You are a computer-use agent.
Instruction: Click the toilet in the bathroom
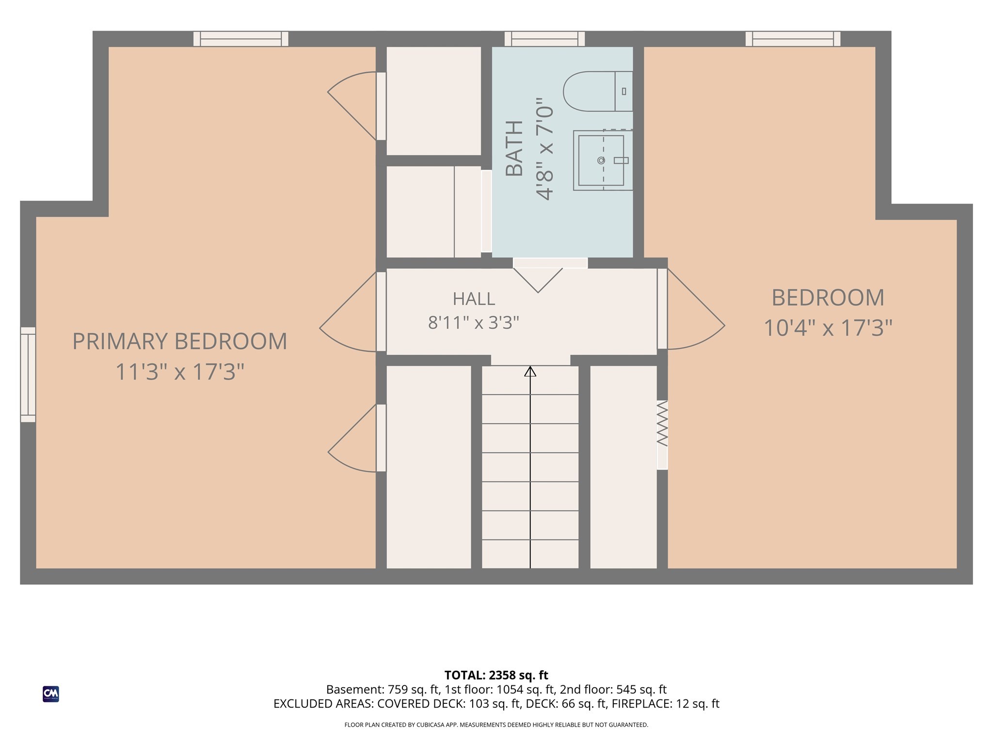pyautogui.click(x=598, y=91)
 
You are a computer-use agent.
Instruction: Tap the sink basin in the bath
pyautogui.click(x=601, y=160)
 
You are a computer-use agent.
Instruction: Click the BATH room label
pyautogui.click(x=514, y=148)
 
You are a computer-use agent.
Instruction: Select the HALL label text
pyautogui.click(x=474, y=299)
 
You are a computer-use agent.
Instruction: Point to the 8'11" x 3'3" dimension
pyautogui.click(x=473, y=323)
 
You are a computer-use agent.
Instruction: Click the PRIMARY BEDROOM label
pyautogui.click(x=179, y=341)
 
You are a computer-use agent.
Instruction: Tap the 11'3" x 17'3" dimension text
pyautogui.click(x=179, y=372)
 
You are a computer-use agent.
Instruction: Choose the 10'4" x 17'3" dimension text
pyautogui.click(x=828, y=328)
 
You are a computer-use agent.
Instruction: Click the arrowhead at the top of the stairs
pyautogui.click(x=530, y=371)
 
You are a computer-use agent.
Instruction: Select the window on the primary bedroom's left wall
pyautogui.click(x=28, y=374)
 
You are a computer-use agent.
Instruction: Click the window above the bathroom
pyautogui.click(x=545, y=39)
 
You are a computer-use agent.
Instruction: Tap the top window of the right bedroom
pyautogui.click(x=793, y=39)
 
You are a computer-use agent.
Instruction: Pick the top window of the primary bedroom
pyautogui.click(x=241, y=39)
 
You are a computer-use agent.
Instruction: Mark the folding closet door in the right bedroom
pyautogui.click(x=662, y=423)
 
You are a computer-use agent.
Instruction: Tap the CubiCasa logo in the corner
pyautogui.click(x=51, y=694)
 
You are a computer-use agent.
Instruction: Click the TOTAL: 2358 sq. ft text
pyautogui.click(x=496, y=675)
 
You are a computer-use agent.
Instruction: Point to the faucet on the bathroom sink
pyautogui.click(x=621, y=160)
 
